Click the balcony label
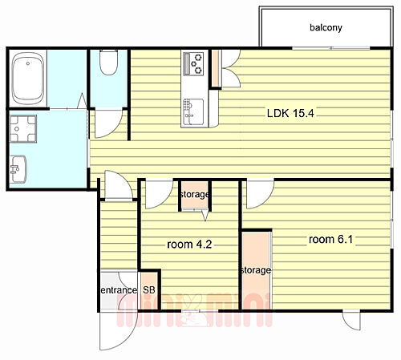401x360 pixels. pos(326,27)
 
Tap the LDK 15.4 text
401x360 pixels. pos(290,113)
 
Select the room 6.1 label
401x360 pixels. pos(330,239)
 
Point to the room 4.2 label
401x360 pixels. pos(189,245)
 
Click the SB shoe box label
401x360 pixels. pos(149,289)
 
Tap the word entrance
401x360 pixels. pos(119,290)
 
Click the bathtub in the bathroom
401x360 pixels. pos(28,79)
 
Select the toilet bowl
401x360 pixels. pos(108,63)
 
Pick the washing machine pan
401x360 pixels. pos(23,129)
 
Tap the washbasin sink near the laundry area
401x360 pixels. pos(18,169)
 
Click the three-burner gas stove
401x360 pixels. pos(193,63)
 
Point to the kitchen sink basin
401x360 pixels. pos(193,112)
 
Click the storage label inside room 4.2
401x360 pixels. pos(195,194)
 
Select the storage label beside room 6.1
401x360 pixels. pos(256,270)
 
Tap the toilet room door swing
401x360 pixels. pos(108,123)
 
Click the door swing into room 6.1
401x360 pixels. pos(260,194)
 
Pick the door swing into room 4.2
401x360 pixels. pos(159,194)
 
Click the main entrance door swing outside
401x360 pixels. pos(118,331)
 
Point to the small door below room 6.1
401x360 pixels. pos(351,321)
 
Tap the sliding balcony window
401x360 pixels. pos(330,48)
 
